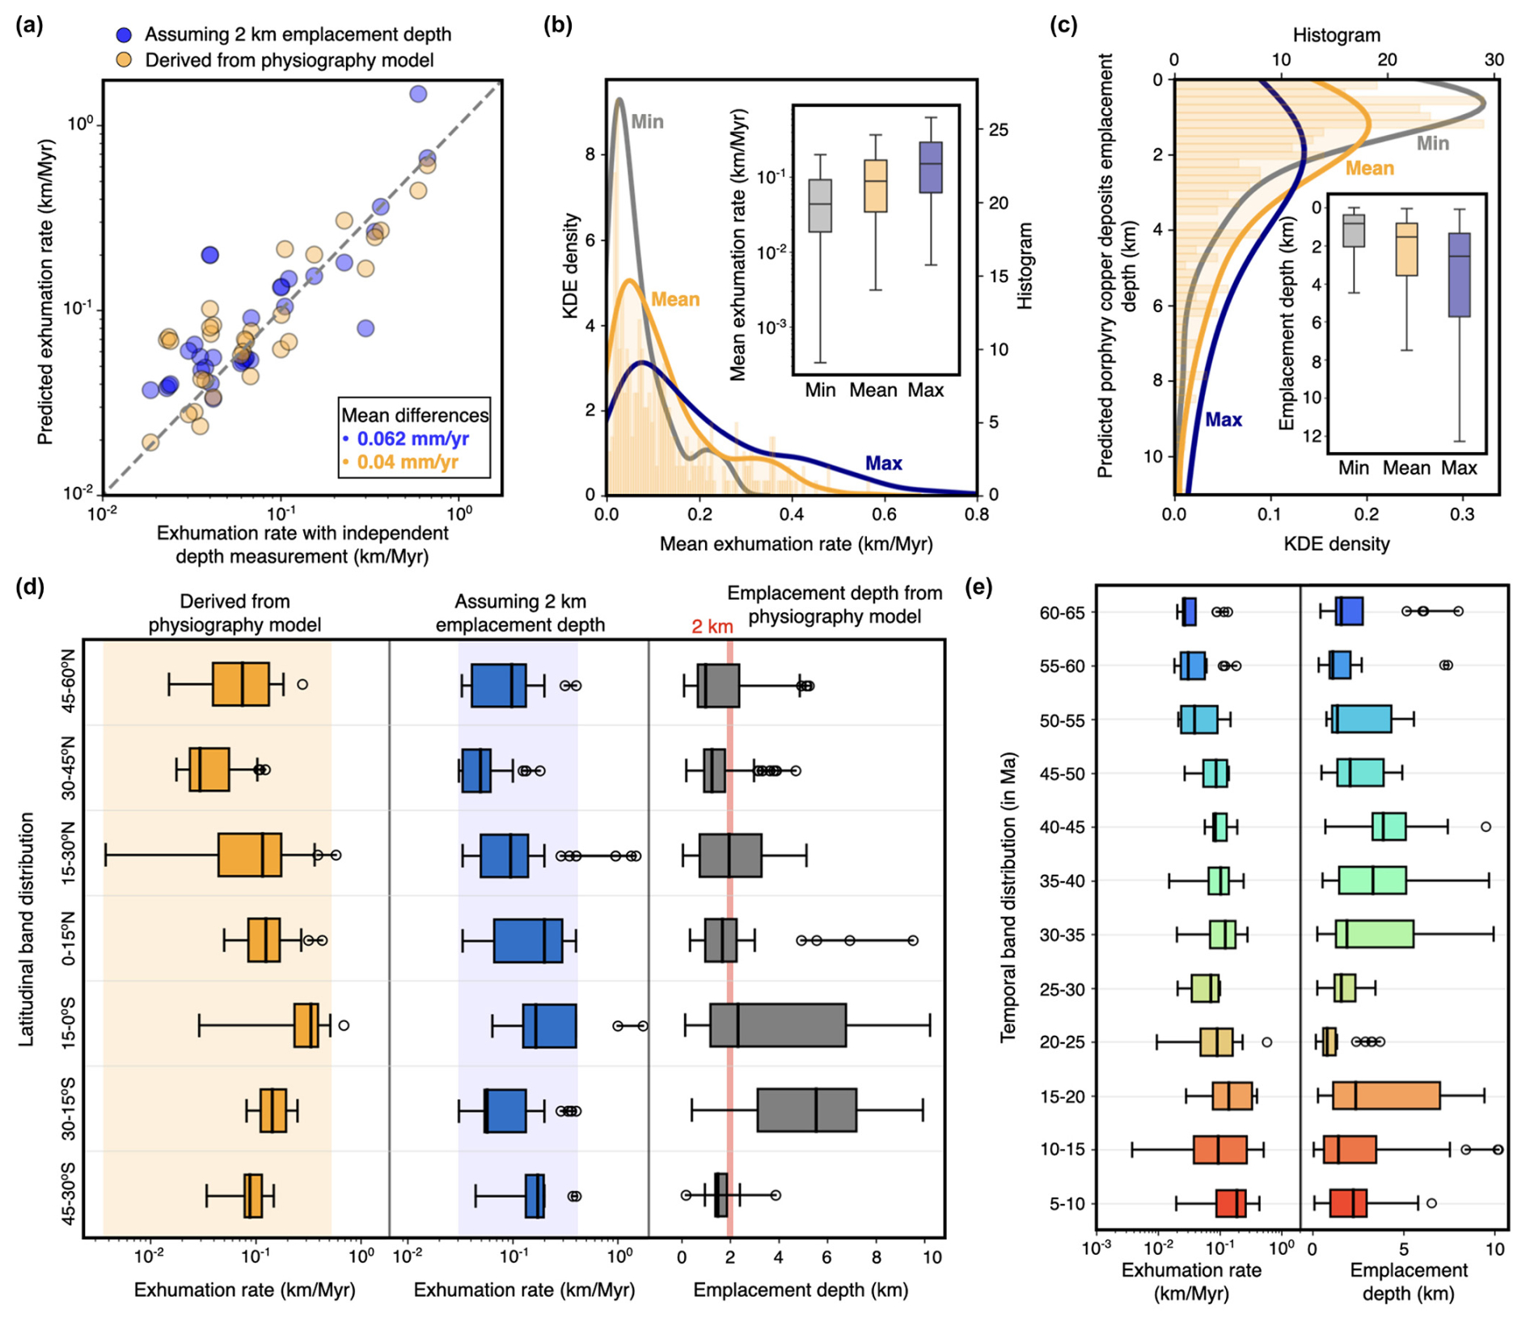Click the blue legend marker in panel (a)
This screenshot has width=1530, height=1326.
[124, 35]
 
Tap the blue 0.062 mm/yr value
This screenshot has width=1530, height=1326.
[412, 438]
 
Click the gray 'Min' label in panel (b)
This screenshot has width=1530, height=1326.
[647, 121]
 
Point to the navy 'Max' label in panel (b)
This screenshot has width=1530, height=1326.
[883, 463]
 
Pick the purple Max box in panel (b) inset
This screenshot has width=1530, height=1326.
[931, 167]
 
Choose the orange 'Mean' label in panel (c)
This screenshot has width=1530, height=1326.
[1369, 168]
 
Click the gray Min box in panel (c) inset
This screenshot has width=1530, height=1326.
[1354, 230]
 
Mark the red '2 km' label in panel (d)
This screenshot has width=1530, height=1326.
[712, 627]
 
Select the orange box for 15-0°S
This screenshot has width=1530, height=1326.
[306, 1025]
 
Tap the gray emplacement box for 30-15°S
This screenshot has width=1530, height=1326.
[806, 1110]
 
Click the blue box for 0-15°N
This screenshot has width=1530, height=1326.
[528, 940]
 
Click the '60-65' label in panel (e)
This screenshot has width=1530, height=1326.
[1062, 613]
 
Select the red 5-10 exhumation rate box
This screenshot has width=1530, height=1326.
[1231, 1203]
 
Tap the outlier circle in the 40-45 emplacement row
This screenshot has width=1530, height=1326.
[1486, 826]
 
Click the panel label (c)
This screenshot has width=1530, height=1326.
[1063, 25]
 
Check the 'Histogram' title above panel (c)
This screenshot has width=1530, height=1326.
[1336, 35]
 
